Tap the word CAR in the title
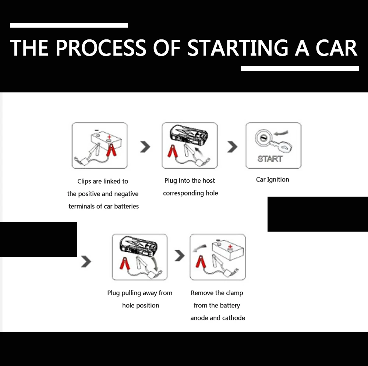[x=337, y=47]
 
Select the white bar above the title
[x=69, y=25]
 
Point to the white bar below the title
[x=300, y=68]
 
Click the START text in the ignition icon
[x=270, y=159]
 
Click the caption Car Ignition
[x=272, y=180]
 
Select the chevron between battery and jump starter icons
[x=145, y=147]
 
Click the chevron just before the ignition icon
[x=232, y=147]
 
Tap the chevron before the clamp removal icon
[x=179, y=255]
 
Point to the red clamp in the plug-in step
[x=171, y=151]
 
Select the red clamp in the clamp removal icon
[x=200, y=262]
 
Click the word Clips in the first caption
[x=84, y=181]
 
